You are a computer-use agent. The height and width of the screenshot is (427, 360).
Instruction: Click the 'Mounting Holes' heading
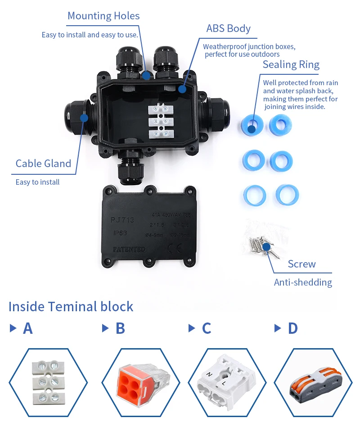103,16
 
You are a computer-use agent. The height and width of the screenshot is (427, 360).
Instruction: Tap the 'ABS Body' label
228,28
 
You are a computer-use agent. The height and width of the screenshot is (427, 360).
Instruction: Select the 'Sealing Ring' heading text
291,64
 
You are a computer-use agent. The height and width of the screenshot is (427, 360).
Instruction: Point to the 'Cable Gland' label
43,163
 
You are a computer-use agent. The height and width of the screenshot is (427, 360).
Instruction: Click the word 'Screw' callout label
301,264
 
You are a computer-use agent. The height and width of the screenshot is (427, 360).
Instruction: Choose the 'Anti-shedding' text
303,282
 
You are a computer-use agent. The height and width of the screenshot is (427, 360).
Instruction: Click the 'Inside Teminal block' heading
71,307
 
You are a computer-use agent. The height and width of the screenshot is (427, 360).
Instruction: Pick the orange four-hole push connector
139,382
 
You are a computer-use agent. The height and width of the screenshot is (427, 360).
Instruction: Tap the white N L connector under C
223,383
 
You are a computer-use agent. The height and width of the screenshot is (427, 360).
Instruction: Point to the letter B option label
120,328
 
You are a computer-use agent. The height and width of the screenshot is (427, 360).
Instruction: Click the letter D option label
292,328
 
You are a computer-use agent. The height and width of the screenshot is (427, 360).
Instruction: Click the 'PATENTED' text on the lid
129,249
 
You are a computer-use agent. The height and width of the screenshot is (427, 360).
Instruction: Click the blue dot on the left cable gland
84,118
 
